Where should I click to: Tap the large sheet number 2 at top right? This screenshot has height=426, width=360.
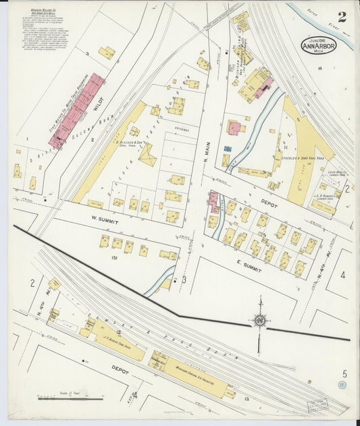[x=342, y=18]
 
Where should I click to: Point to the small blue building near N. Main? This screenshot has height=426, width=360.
[x=228, y=148]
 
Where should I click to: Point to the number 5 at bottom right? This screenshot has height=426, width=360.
[x=344, y=373]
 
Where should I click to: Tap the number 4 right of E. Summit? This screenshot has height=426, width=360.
[x=342, y=275]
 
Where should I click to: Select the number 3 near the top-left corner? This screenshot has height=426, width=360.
[x=88, y=52]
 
